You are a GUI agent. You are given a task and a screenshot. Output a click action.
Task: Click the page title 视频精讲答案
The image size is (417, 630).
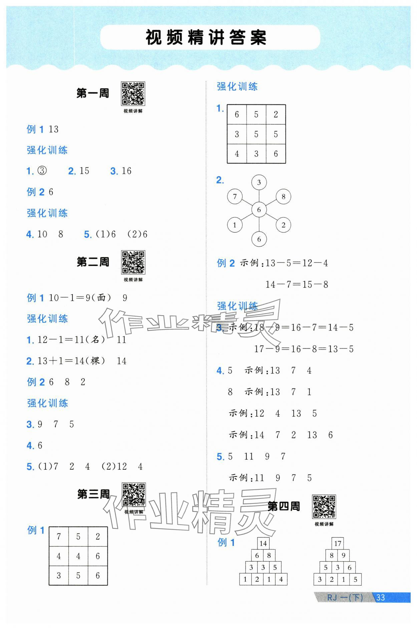(206, 38)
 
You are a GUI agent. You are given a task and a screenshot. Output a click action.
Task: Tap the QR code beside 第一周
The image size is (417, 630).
(133, 93)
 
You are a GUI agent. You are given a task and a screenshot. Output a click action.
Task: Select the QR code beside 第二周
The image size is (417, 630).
(133, 262)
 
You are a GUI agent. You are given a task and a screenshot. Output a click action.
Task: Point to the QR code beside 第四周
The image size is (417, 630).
(324, 507)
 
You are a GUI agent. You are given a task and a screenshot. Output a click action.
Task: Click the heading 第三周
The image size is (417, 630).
(93, 494)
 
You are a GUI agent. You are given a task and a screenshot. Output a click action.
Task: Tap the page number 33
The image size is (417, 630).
(381, 597)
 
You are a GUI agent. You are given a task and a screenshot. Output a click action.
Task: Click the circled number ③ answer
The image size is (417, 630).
(42, 171)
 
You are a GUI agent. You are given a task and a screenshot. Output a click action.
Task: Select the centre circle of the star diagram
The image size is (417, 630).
(259, 210)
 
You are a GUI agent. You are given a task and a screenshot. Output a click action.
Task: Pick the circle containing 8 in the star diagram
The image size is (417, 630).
(283, 197)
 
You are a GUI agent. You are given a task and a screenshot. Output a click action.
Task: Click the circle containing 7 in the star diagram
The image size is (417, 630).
(235, 197)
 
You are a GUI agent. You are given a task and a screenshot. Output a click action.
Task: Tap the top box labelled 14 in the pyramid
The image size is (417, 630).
(263, 543)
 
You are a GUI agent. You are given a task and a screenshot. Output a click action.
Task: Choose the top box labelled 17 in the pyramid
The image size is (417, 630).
(338, 543)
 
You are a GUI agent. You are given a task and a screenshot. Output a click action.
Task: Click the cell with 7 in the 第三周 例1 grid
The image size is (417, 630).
(59, 537)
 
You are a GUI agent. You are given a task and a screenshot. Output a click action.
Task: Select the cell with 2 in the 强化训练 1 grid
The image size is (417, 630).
(276, 115)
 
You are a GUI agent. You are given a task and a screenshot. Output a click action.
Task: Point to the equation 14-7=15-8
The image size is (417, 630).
(297, 285)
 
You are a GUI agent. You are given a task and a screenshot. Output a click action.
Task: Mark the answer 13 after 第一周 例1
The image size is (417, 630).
(53, 129)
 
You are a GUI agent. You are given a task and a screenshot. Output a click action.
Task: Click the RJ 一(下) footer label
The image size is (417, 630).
(345, 597)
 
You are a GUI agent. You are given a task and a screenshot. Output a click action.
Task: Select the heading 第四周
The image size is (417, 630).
(284, 506)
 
